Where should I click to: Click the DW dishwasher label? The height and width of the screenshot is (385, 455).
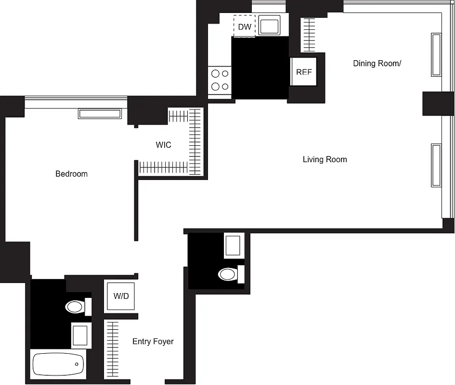[245, 27]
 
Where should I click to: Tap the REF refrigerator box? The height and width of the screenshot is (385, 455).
[304, 72]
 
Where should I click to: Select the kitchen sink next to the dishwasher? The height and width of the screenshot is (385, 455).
[269, 25]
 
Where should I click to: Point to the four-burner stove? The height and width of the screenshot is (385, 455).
[220, 80]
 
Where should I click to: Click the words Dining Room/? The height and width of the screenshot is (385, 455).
[377, 64]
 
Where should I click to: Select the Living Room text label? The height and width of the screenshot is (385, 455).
[325, 159]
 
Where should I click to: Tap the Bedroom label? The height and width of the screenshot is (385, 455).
[71, 174]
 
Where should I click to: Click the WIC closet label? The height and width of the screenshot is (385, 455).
[163, 145]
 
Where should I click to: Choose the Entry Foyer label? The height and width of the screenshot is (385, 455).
[153, 342]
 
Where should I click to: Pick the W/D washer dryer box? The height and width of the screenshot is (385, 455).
[121, 296]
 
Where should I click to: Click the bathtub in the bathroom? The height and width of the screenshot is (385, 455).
[58, 364]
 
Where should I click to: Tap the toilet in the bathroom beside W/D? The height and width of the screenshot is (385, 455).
[76, 307]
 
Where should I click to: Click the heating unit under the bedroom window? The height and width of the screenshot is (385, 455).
[100, 114]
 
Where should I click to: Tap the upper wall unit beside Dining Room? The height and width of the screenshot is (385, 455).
[436, 54]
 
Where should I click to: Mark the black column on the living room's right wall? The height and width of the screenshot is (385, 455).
[438, 104]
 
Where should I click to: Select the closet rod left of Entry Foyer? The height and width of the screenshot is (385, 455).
[112, 349]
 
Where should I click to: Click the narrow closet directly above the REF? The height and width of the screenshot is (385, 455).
[308, 35]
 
